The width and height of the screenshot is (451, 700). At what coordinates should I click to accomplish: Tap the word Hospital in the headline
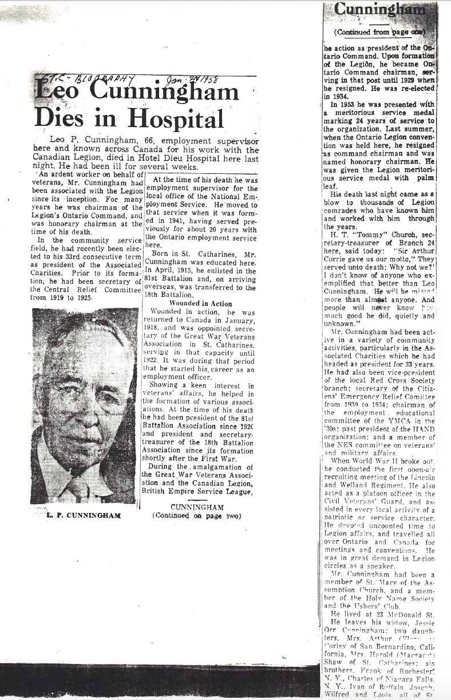coord(171,118)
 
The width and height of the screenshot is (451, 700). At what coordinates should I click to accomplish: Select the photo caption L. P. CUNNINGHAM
coord(84,515)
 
